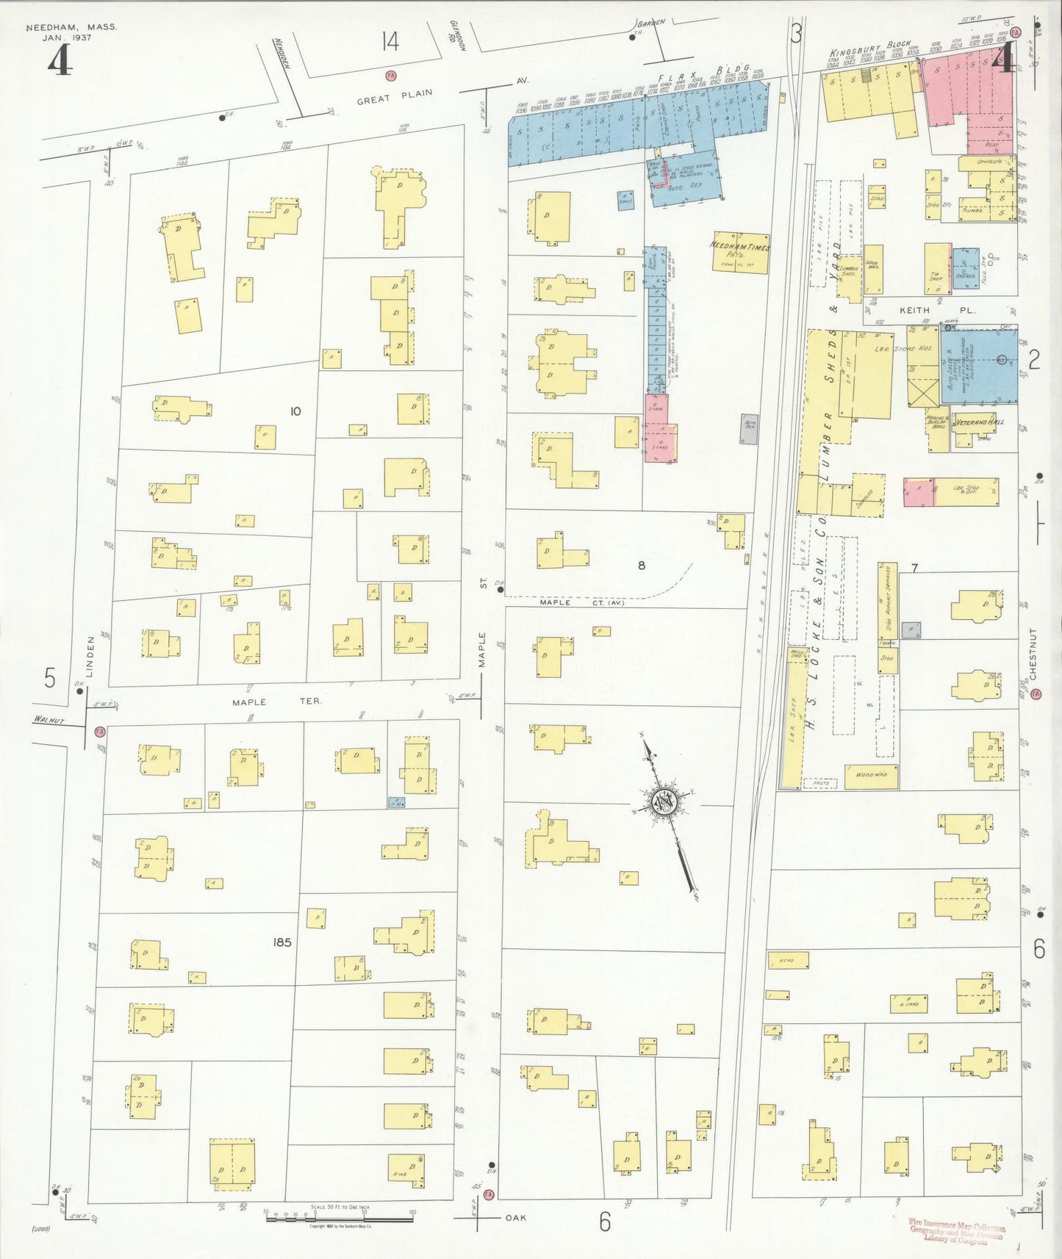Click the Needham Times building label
[740, 248]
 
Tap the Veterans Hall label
[980, 422]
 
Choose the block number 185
[281, 942]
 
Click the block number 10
[295, 411]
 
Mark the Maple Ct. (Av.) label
[581, 602]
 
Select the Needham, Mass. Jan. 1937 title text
[71, 32]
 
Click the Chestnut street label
[1033, 654]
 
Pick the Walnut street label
[49, 720]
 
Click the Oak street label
[516, 1218]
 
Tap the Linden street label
[90, 656]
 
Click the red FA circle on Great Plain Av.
[390, 75]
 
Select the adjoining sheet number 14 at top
[390, 42]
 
